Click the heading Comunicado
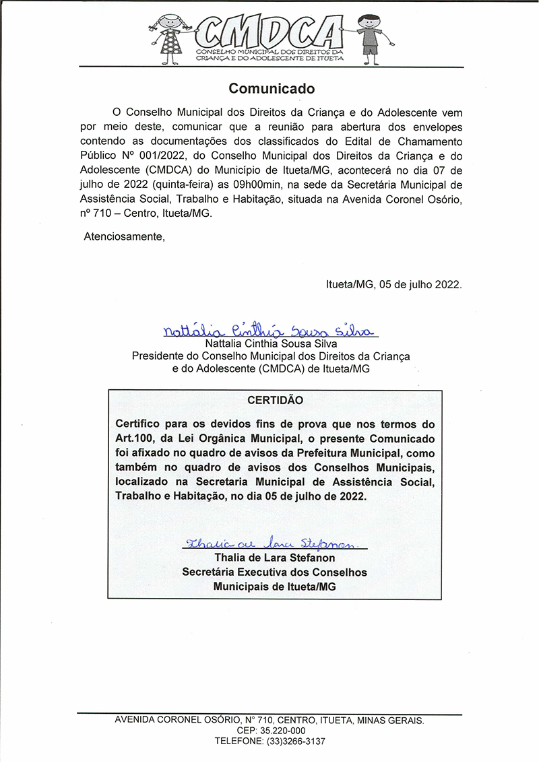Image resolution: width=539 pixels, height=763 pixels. coord(272,88)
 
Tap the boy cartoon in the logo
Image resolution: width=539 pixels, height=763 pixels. coord(369,38)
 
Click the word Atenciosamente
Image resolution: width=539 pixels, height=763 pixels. coord(123,236)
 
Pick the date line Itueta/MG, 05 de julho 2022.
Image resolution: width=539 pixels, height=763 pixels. coord(393,284)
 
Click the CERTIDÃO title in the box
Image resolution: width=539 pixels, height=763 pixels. coord(275,400)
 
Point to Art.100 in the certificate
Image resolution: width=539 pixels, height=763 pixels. coord(137,438)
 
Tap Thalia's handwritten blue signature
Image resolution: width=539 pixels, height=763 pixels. coord(269,543)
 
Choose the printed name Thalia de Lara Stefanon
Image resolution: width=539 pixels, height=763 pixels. coord(274,558)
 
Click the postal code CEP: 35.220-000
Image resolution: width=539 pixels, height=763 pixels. coord(271,731)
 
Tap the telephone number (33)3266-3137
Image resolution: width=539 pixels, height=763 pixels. coord(294,741)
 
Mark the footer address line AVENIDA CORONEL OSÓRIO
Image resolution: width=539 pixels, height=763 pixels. coord(269,720)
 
